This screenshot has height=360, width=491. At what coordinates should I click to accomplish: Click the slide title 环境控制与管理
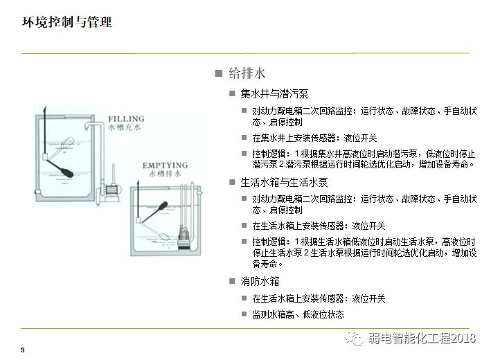pos(66,22)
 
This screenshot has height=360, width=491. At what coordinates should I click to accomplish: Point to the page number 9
pos(23,350)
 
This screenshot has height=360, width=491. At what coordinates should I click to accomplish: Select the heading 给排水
pos(247,73)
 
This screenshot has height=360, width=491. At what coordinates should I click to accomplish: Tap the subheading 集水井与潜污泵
pos(274,93)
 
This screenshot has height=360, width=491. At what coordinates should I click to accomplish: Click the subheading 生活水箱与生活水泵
pos(284,182)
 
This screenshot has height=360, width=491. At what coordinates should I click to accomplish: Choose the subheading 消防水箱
pos(260,281)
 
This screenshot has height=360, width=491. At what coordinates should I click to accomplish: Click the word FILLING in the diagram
pos(126,119)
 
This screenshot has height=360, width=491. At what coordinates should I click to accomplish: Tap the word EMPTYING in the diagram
pos(165,165)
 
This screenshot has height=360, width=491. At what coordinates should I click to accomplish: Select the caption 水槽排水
pos(165,174)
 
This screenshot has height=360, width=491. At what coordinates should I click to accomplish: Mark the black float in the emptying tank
pos(163,206)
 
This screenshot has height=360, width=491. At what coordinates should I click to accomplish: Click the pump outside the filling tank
pos(110,190)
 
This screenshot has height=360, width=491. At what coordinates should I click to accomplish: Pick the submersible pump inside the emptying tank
pos(183,240)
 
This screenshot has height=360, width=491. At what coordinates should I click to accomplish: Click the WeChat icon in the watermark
pos(354,337)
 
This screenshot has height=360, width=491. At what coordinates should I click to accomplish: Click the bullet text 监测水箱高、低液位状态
pos(298,314)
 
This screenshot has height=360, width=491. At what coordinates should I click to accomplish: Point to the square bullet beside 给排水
pos(219,73)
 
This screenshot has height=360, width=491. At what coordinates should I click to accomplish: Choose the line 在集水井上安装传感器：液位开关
pos(314,138)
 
